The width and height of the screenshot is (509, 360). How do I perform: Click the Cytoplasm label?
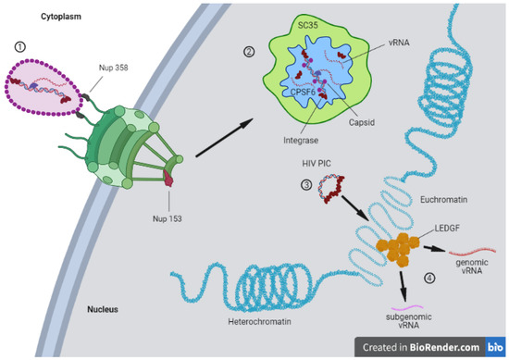(x=38, y=16)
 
